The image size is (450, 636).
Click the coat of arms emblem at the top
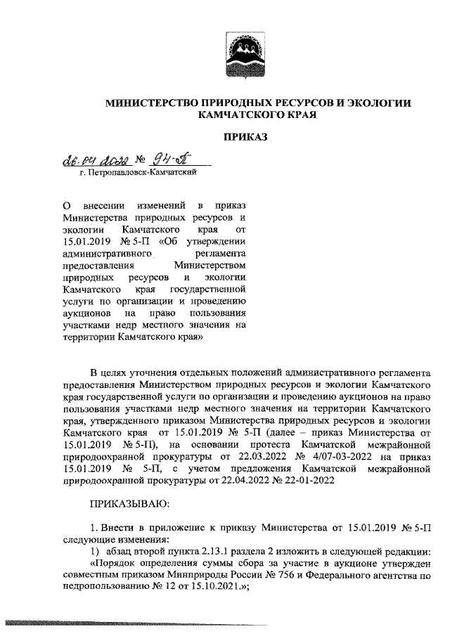click(245, 53)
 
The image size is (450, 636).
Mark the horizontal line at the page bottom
click(141, 623)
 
